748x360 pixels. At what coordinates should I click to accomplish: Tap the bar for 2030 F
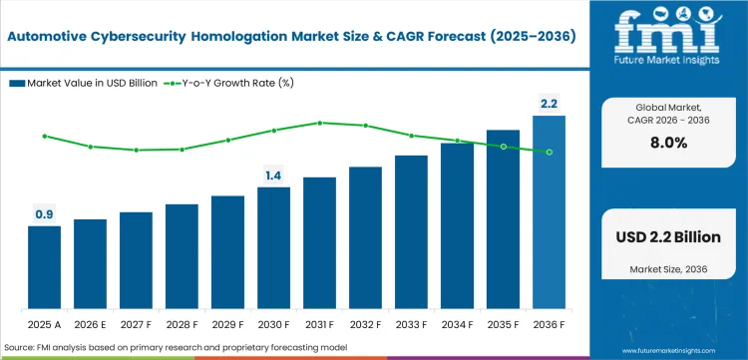tap(273, 249)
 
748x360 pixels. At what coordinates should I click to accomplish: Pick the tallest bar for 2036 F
tap(549, 213)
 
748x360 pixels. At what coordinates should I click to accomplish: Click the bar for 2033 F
tap(411, 233)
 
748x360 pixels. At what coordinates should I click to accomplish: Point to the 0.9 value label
tap(44, 213)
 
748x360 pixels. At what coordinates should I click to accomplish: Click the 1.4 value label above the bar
tap(273, 176)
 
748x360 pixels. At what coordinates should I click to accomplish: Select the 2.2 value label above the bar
tap(549, 103)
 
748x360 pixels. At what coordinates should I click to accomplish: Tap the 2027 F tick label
tap(136, 325)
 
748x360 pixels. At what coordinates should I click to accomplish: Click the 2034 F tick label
tap(457, 325)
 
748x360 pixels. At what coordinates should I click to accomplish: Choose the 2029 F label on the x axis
tap(227, 325)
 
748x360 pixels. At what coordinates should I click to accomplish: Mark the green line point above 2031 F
tap(319, 123)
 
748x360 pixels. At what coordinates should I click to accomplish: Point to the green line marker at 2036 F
tap(549, 152)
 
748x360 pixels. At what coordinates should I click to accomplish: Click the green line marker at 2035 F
tap(503, 147)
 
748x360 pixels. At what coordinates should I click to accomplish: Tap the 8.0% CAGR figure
tap(667, 143)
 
